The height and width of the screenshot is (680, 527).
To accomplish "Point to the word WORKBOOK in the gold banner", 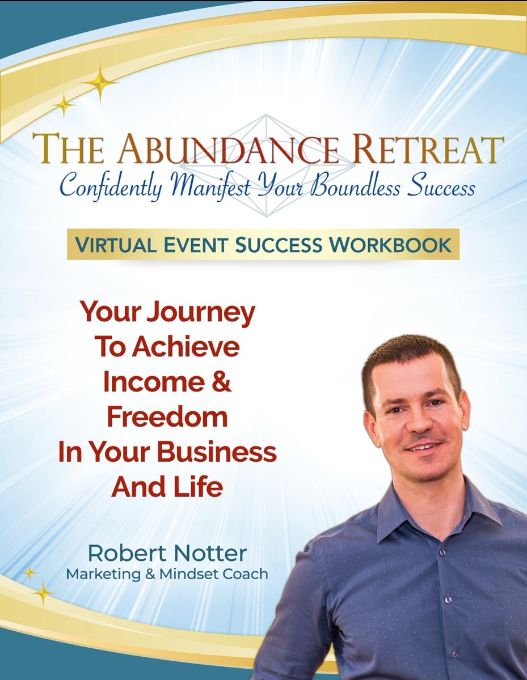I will (399, 245).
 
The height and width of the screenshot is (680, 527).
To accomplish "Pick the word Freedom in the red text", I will (167, 418).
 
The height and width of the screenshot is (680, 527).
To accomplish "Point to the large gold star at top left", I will (100, 83).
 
